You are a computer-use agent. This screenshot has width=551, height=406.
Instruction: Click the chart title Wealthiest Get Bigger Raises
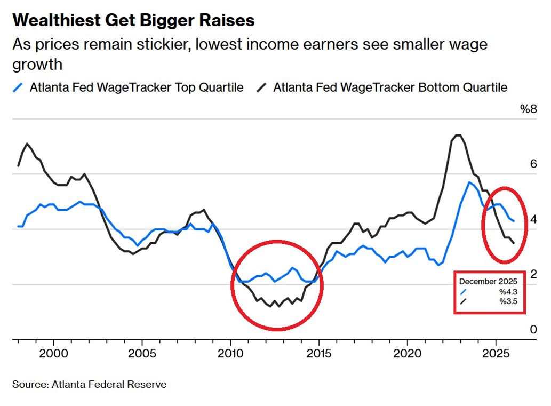tap(133, 20)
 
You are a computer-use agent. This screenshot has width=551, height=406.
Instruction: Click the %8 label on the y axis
tap(528, 109)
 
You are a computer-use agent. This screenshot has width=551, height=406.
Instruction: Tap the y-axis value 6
tap(533, 164)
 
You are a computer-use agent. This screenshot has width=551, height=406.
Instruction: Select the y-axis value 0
tap(533, 330)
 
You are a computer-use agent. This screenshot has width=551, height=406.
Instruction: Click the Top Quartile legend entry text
tap(137, 87)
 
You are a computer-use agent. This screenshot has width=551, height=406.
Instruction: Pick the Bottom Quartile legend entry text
tap(390, 87)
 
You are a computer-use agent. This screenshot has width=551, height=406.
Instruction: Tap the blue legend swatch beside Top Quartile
tap(19, 87)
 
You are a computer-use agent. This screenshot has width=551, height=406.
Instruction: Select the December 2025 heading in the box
tap(488, 281)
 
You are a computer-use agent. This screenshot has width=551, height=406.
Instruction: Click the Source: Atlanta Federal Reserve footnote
tap(90, 384)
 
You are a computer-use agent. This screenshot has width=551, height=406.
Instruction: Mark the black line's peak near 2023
tap(457, 135)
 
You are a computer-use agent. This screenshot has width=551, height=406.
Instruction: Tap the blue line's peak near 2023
tap(469, 182)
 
